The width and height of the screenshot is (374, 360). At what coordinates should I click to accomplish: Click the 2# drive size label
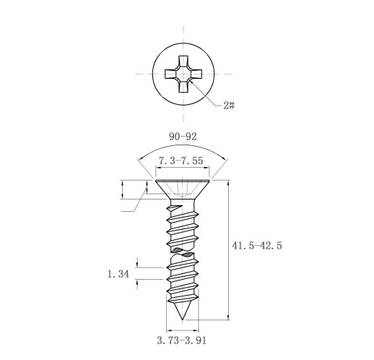(x=229, y=105)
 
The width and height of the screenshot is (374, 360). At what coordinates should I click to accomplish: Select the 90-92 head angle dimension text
(x=183, y=137)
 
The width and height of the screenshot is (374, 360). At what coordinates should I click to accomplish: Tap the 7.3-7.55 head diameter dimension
(x=181, y=160)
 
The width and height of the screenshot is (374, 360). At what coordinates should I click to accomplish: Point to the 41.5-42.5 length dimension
(x=257, y=246)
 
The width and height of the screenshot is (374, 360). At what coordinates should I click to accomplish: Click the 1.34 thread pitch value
(x=118, y=274)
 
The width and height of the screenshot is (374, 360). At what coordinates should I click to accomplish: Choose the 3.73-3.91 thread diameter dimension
(x=182, y=340)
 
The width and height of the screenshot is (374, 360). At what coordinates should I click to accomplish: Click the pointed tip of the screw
(x=183, y=320)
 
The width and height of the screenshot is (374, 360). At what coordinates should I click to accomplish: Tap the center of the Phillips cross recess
(x=183, y=74)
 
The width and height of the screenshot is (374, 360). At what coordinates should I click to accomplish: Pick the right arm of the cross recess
(x=196, y=74)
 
